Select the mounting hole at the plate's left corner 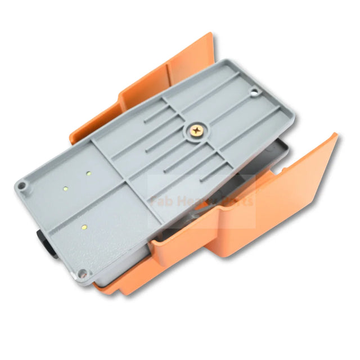[21, 184]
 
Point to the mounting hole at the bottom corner [83, 273]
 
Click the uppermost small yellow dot [89, 174]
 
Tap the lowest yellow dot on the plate [84, 227]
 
